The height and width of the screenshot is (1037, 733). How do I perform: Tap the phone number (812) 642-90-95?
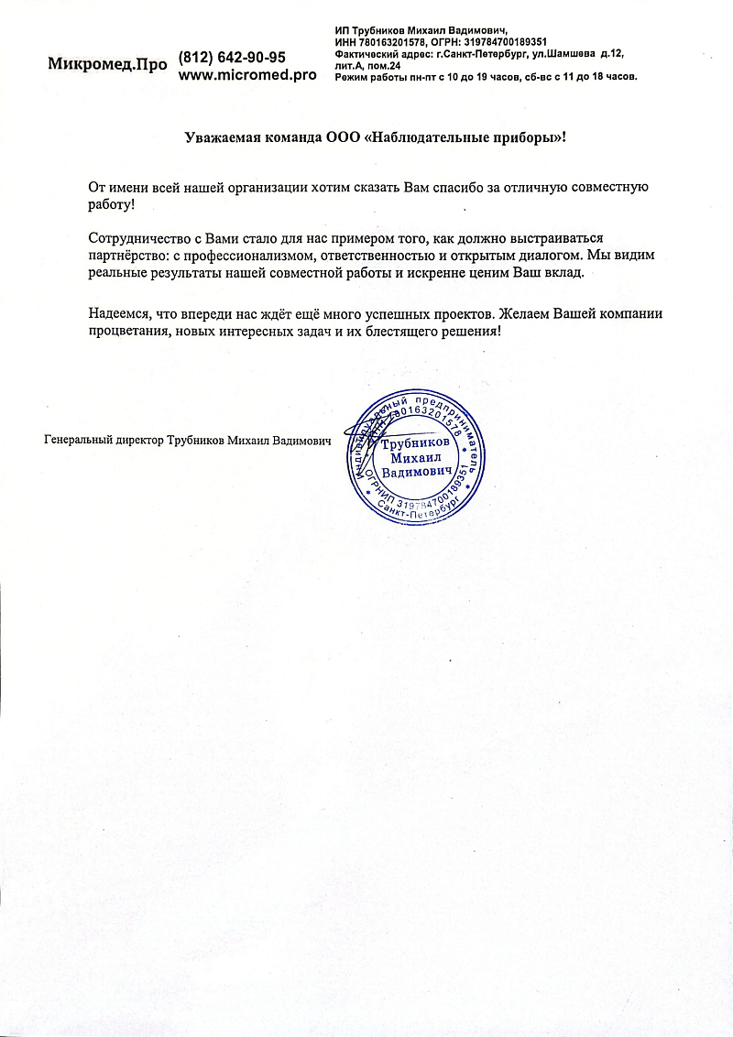pyautogui.click(x=232, y=57)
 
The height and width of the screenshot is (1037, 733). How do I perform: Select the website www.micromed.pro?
pyautogui.click(x=247, y=75)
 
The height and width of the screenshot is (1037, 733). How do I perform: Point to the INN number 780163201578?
pyautogui.click(x=390, y=42)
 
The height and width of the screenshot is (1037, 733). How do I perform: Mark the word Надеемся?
pyautogui.click(x=121, y=313)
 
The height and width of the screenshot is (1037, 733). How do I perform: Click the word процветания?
pyautogui.click(x=129, y=331)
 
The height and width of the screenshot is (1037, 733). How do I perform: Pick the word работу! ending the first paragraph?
pyautogui.click(x=112, y=205)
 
